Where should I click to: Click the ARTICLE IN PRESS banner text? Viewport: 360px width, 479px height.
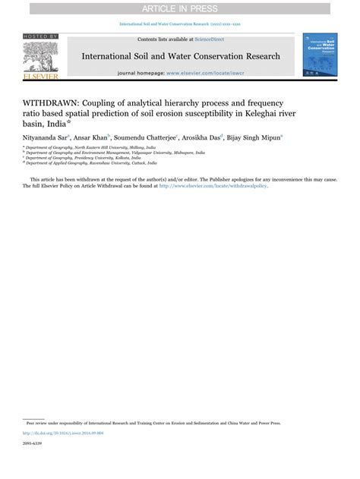[180, 8]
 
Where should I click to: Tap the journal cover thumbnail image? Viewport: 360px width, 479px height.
[320, 54]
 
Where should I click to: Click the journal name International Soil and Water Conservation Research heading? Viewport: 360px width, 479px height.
[180, 56]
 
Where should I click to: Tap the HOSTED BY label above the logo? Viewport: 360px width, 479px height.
[40, 36]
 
